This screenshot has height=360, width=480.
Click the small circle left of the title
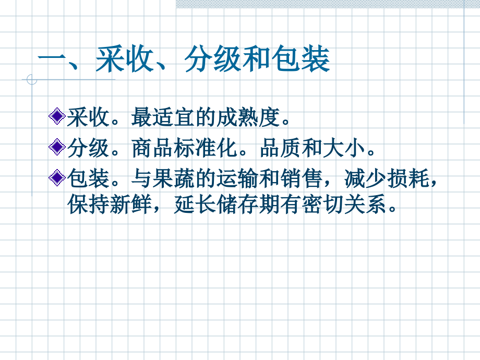tap(32, 80)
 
